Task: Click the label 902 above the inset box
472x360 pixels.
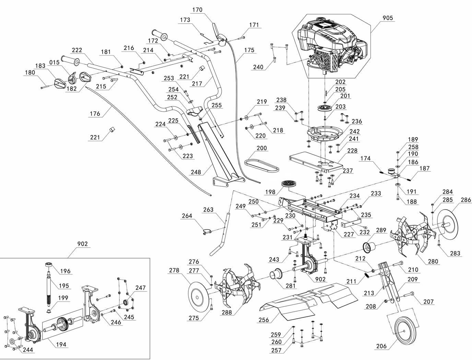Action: [x=82, y=244]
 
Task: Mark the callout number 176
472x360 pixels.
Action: [x=95, y=113]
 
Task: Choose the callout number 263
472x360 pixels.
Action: [x=208, y=209]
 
